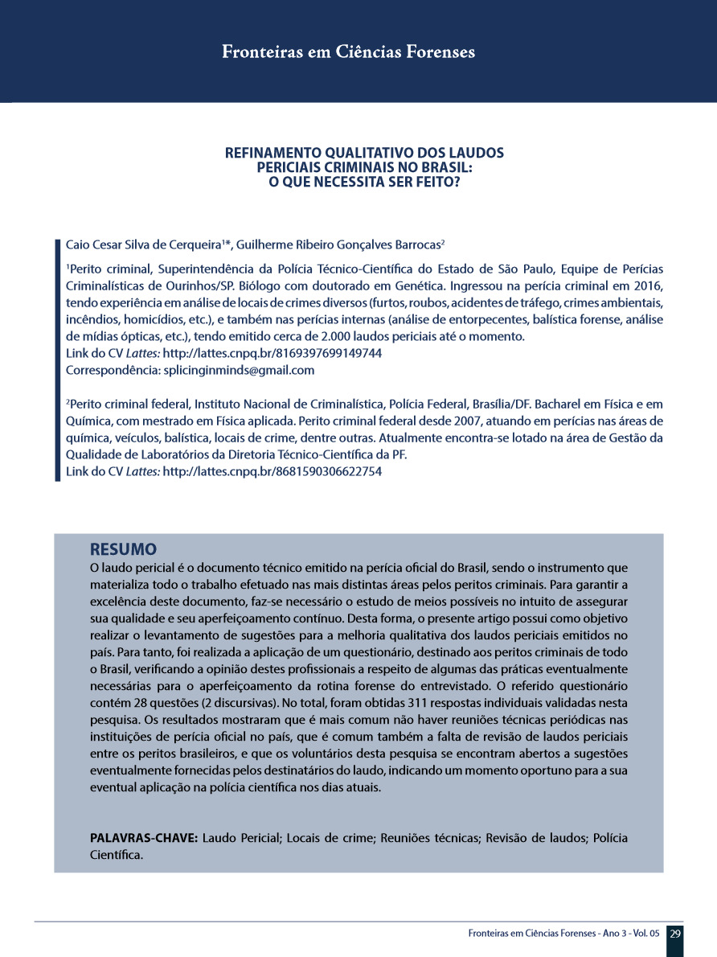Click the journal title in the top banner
(348, 52)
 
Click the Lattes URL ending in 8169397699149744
(272, 353)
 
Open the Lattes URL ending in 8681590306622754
(272, 472)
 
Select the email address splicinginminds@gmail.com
(239, 370)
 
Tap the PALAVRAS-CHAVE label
(143, 839)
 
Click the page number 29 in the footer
(675, 934)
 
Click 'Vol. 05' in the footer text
(645, 934)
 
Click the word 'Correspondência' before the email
(112, 370)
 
